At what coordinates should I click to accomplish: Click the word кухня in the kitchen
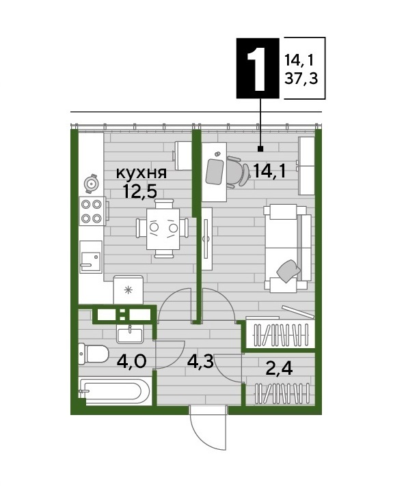[141, 173]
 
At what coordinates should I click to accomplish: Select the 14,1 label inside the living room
[269, 171]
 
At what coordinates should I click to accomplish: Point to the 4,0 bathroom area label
[131, 361]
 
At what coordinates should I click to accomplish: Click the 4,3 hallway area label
[200, 362]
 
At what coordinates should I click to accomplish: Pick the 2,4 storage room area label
[279, 369]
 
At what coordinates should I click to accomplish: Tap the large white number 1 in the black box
[258, 68]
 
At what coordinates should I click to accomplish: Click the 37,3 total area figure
[301, 78]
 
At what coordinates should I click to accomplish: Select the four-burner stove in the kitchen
[92, 211]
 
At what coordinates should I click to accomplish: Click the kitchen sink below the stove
[91, 257]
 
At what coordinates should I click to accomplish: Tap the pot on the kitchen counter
[91, 184]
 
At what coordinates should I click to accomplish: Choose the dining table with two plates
[163, 229]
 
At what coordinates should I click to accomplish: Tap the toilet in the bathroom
[94, 354]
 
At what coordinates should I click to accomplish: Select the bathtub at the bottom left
[114, 390]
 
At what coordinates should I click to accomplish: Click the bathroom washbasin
[130, 334]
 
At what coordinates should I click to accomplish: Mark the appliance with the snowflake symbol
[128, 289]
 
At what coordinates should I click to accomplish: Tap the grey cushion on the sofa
[288, 270]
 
